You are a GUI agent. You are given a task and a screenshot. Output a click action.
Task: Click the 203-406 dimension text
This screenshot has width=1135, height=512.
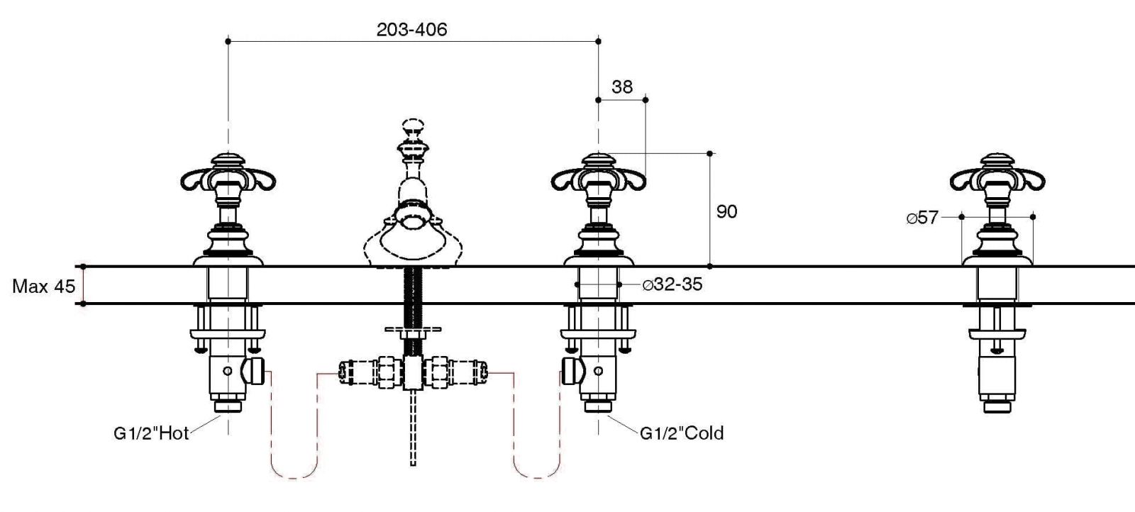(411, 29)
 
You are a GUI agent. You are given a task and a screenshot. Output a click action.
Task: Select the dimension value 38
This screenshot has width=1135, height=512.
(622, 87)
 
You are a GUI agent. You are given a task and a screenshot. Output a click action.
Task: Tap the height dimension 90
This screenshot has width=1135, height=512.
(726, 211)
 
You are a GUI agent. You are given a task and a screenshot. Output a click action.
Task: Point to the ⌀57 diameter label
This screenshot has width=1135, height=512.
(921, 218)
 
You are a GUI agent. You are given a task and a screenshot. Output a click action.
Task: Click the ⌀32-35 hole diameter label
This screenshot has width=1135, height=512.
(672, 284)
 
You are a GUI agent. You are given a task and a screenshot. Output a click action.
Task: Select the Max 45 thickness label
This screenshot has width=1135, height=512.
(43, 286)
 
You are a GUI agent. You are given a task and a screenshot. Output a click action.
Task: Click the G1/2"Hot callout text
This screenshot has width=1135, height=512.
(151, 433)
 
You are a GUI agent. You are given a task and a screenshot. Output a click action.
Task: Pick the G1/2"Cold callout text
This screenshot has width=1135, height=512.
(682, 433)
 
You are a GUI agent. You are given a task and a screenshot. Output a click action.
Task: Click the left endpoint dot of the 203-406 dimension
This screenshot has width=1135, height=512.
(228, 42)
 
